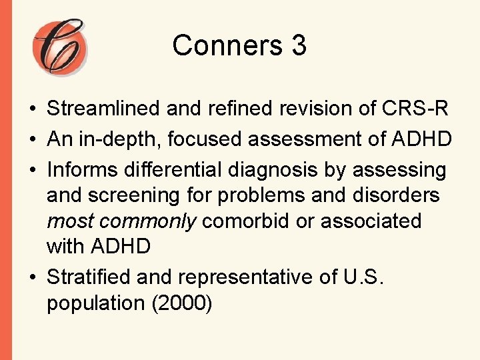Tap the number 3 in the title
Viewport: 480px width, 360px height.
point(298,45)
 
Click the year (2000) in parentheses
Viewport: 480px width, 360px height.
point(181,303)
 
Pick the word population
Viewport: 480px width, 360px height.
point(97,303)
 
